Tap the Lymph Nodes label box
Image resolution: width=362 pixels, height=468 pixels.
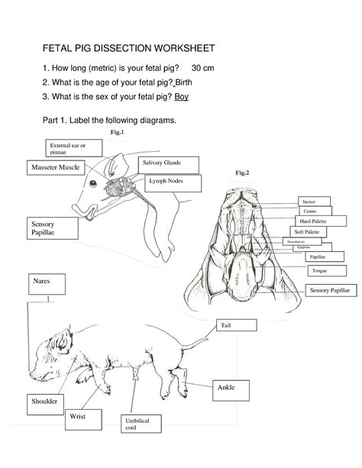coord(174,184)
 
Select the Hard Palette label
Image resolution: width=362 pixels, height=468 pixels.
coord(312,221)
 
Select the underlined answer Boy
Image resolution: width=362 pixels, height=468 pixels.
coord(182,96)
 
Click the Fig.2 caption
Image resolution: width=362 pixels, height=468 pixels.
coord(243,173)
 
